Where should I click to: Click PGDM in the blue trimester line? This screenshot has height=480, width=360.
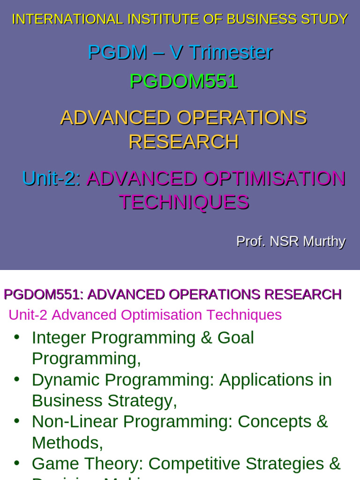click(117, 52)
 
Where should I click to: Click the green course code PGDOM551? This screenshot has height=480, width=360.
click(184, 82)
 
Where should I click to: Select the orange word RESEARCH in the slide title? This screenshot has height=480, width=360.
click(184, 142)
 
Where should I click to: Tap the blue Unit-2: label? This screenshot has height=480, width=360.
click(52, 179)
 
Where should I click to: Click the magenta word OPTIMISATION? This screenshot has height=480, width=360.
click(274, 179)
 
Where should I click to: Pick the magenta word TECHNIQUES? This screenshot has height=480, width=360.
click(184, 202)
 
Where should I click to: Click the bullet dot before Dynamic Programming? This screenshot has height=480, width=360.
click(17, 379)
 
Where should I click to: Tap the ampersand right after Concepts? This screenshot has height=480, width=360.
click(322, 421)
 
